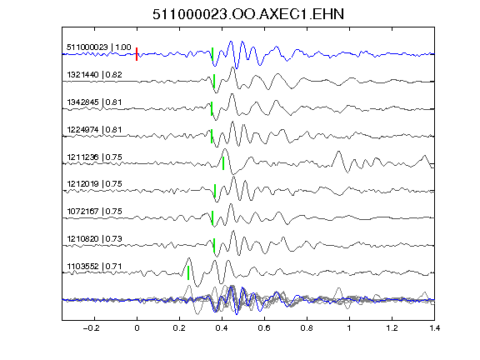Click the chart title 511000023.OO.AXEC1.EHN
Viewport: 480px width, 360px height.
248,14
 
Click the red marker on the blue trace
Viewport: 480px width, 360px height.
137,54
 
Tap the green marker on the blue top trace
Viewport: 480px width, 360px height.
212,54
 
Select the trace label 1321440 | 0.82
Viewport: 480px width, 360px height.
94,75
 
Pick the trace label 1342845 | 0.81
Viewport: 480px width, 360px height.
94,102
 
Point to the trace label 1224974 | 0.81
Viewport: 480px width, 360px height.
94,129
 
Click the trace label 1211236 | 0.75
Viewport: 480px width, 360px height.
94,157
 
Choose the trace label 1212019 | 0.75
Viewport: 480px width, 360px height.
94,183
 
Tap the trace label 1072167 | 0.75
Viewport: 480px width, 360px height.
94,211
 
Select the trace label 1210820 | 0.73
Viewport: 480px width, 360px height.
94,239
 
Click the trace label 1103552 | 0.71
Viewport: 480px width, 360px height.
94,267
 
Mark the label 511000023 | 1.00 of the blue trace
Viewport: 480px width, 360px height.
99,47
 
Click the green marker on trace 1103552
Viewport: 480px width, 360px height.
188,272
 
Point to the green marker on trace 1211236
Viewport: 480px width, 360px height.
223,163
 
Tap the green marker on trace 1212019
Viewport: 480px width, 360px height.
215,191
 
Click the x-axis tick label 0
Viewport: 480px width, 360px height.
137,328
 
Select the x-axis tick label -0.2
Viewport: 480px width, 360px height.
91,328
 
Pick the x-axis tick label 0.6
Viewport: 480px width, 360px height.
264,328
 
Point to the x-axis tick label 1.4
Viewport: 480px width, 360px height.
434,328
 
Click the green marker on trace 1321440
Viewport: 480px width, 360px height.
214,81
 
